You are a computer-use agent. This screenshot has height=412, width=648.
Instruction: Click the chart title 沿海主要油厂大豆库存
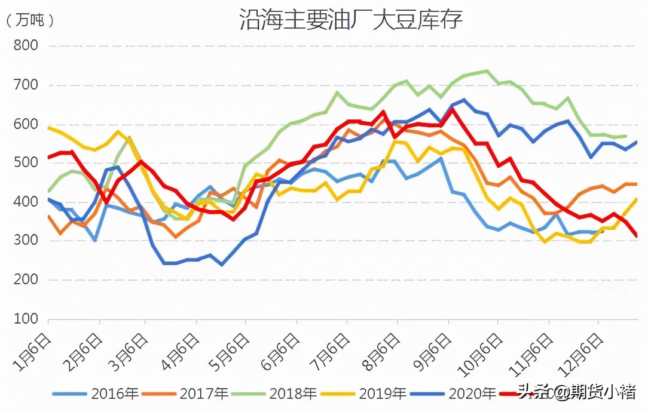(351, 19)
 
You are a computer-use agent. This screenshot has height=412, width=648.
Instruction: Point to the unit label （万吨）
(30, 21)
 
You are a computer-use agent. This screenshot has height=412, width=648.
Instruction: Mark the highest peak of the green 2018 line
(487, 71)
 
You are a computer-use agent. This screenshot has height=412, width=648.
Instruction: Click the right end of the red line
(636, 236)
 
